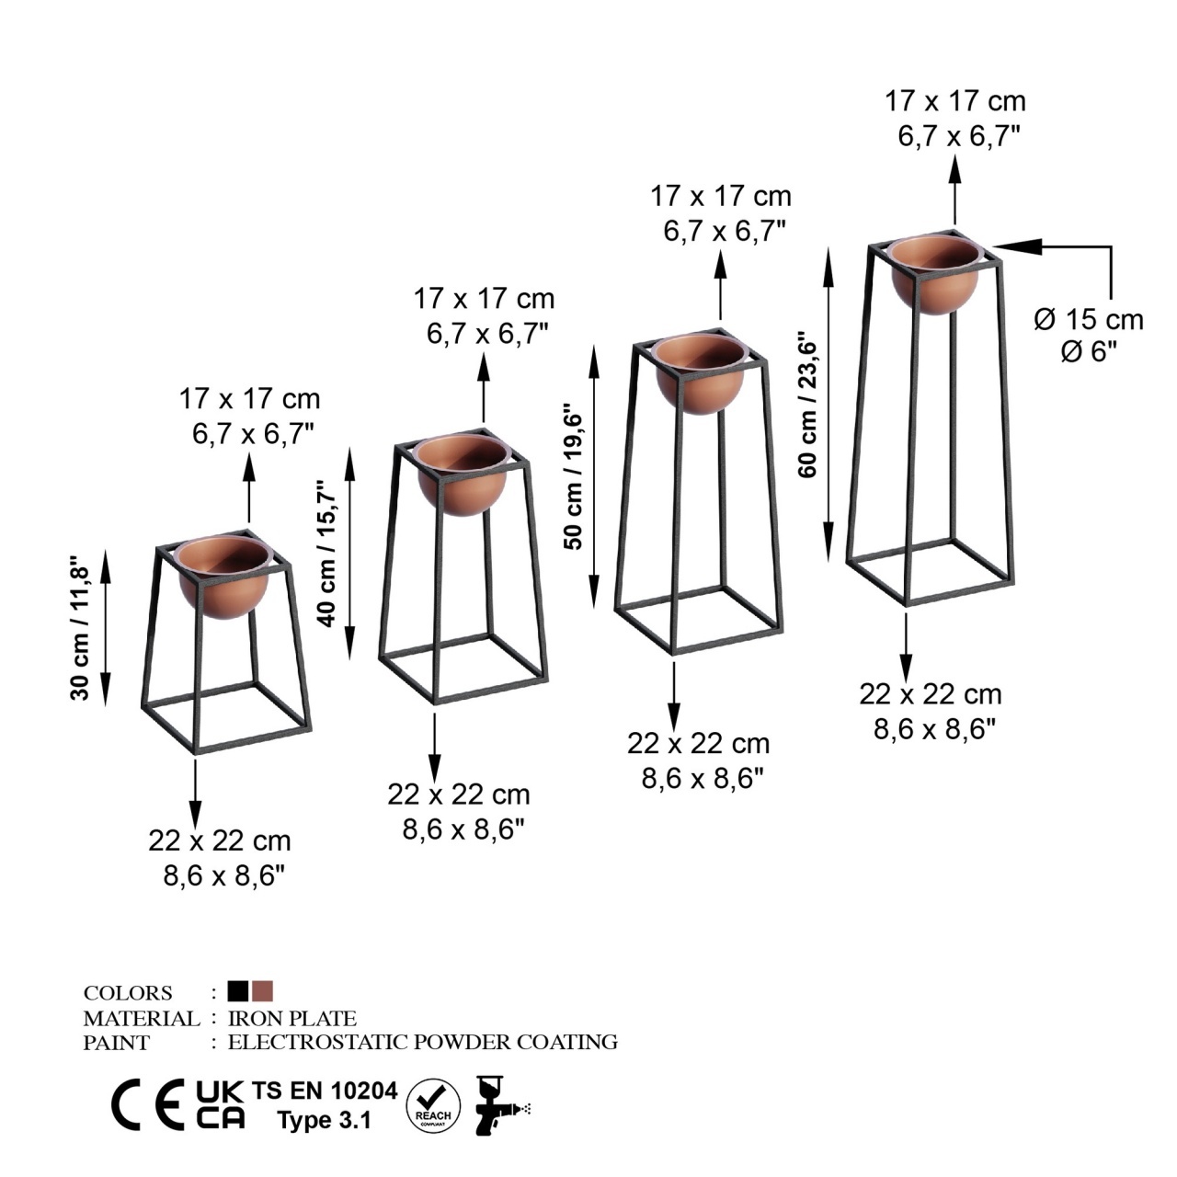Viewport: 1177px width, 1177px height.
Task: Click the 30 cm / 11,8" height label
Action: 80,627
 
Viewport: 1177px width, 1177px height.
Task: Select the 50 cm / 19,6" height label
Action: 574,476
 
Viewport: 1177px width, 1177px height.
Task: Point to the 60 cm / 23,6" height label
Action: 806,405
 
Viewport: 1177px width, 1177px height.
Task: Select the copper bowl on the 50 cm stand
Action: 700,374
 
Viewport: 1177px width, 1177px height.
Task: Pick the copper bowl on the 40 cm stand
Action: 463,475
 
